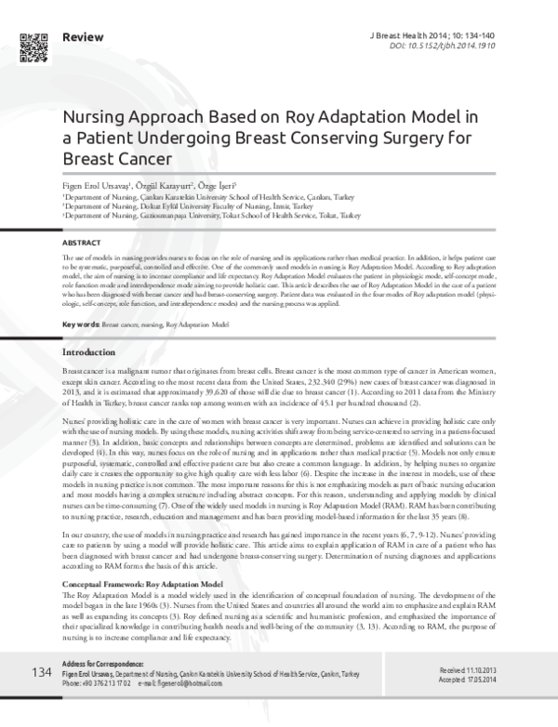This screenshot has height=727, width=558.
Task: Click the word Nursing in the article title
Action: (93, 118)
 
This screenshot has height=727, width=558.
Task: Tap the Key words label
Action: (80, 324)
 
